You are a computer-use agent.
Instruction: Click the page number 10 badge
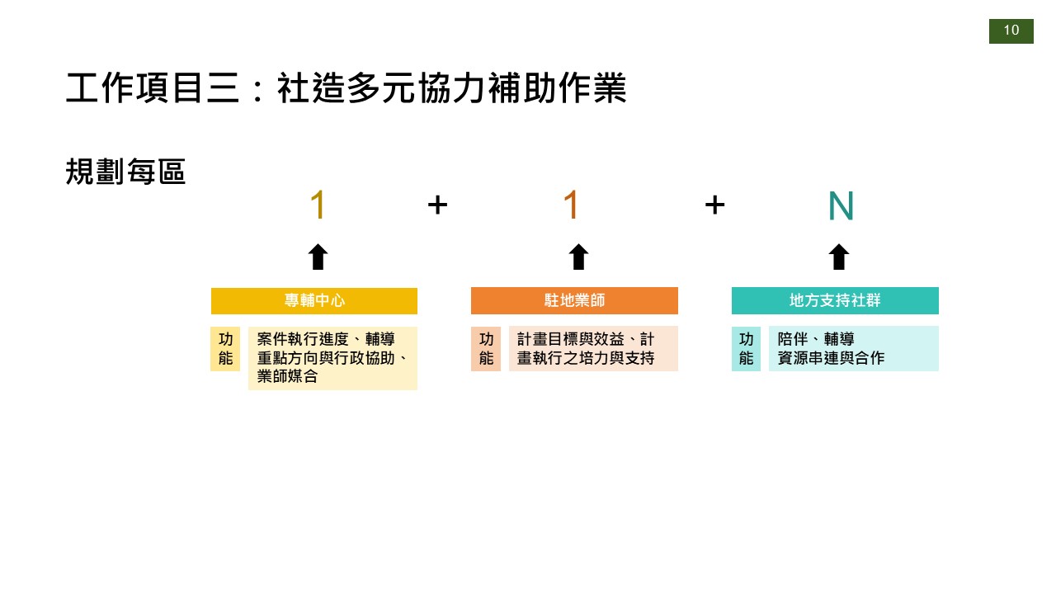[x=1011, y=31]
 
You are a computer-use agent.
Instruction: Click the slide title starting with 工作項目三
[x=346, y=88]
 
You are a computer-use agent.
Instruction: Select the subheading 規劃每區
[x=125, y=172]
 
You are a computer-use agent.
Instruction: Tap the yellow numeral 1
[x=318, y=205]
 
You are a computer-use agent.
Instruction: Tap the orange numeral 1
[x=571, y=205]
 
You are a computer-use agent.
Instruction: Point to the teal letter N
[x=840, y=206]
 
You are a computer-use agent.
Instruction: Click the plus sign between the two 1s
[x=437, y=205]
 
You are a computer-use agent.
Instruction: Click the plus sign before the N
[x=714, y=205]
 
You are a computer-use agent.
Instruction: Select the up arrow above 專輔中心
[x=318, y=257]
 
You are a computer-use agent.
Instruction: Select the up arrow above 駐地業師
[x=578, y=257]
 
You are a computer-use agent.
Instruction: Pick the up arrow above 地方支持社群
[x=838, y=257]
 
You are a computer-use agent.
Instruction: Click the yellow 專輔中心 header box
[x=314, y=300]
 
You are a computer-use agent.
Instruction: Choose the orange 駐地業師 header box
[x=574, y=300]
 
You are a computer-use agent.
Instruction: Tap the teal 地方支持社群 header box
[x=835, y=300]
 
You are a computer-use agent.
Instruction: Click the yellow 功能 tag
[x=225, y=349]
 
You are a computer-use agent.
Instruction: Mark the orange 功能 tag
[x=486, y=349]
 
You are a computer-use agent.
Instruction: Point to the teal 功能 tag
[x=746, y=349]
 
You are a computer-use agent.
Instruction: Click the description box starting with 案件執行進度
[x=332, y=358]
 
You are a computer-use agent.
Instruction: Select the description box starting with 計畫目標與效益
[x=593, y=349]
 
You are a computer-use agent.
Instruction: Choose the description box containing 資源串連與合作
[x=853, y=349]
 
